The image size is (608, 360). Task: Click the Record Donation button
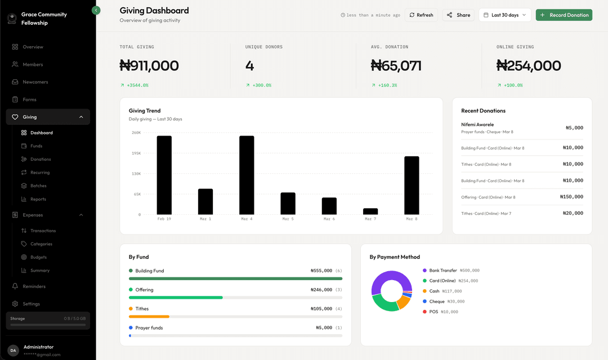564,15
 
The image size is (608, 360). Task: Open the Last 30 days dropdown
504,15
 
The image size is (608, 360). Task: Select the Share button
458,15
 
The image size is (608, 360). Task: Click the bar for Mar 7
370,211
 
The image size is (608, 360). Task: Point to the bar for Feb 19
164,175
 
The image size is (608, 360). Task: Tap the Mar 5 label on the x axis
288,219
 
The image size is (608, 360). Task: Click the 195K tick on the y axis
136,153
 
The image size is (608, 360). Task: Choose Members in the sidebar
33,65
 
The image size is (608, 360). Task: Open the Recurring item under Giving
40,173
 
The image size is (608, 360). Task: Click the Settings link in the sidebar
31,304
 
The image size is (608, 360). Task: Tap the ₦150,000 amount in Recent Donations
571,197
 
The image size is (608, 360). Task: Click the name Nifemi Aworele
477,124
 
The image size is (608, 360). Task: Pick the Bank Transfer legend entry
442,271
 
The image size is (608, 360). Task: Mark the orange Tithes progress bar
149,316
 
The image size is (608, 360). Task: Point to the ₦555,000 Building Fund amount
321,271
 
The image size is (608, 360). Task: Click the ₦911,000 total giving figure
149,66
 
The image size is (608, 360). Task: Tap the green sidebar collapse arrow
96,10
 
